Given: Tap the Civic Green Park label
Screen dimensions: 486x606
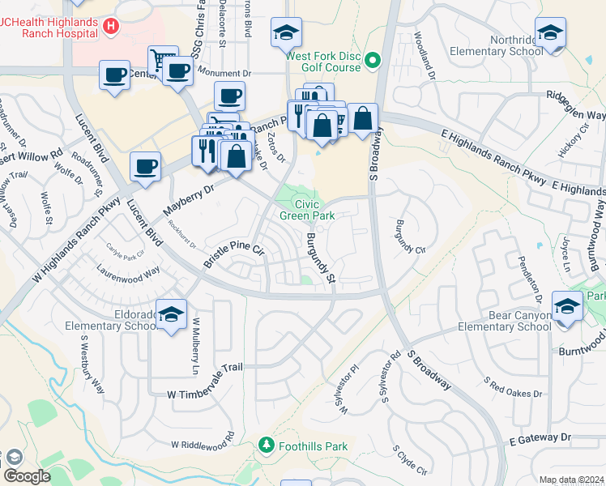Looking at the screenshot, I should click(x=307, y=210).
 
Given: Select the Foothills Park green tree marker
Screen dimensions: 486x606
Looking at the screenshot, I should click(x=265, y=446).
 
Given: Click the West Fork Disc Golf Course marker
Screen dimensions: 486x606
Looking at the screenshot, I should click(x=373, y=60).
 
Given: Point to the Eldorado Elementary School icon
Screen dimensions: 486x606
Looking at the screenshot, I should click(x=171, y=314).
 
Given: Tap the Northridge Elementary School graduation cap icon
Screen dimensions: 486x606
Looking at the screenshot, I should click(x=550, y=33).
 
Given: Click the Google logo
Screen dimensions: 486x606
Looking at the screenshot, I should click(x=27, y=476).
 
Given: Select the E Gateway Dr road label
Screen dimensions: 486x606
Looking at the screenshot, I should click(x=541, y=437).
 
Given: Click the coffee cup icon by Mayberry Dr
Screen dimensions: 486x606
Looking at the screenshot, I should click(x=145, y=166).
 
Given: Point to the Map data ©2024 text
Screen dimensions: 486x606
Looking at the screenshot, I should click(x=570, y=480).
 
